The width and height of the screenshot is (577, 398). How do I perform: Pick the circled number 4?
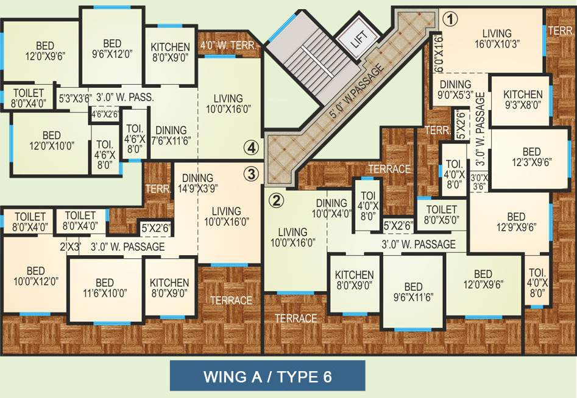(x=251, y=147)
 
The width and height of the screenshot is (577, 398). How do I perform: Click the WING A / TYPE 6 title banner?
(x=267, y=375)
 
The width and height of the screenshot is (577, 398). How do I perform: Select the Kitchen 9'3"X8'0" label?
(x=522, y=99)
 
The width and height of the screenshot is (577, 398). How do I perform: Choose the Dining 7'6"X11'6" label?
(x=171, y=135)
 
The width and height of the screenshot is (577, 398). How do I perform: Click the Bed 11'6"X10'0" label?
(x=105, y=288)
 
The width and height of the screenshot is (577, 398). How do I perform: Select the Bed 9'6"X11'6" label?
(x=413, y=292)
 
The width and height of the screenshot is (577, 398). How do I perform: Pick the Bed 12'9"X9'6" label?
(x=515, y=222)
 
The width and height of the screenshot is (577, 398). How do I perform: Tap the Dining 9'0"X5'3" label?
(x=455, y=90)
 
